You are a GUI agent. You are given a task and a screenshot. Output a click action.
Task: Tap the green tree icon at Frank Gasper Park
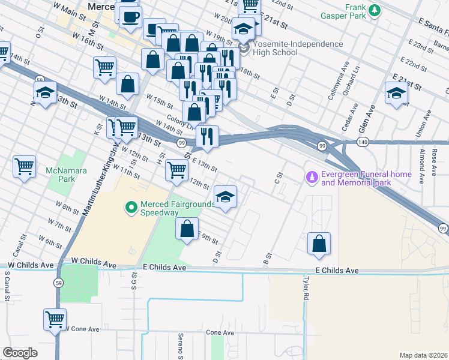(375, 10)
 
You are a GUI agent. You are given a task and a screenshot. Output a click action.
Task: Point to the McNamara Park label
(66, 175)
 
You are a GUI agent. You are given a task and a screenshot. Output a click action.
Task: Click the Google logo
(20, 353)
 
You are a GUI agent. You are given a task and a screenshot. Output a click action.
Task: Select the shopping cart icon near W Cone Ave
(55, 318)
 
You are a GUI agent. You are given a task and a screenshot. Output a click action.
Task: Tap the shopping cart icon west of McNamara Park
(25, 166)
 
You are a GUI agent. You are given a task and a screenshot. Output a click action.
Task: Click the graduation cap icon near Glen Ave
(396, 93)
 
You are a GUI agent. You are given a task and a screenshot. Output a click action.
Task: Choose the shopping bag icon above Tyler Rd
(319, 243)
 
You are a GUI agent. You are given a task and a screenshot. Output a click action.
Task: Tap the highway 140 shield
(362, 142)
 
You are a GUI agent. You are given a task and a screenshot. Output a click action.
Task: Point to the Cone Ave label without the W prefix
(220, 332)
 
